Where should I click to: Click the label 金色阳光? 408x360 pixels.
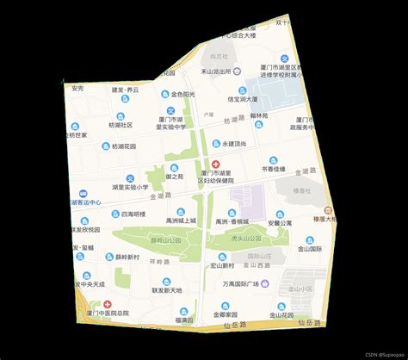[182, 94]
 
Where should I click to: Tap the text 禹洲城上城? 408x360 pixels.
[182, 220]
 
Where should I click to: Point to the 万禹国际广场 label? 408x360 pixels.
[240, 283]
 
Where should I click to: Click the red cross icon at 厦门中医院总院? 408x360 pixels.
[108, 304]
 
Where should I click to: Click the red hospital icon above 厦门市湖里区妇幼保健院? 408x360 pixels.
[214, 163]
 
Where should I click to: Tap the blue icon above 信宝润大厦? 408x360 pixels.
[243, 90]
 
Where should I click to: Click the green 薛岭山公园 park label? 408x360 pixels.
[165, 239]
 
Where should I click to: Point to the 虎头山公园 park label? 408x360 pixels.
[233, 237]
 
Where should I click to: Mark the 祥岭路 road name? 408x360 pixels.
[159, 261]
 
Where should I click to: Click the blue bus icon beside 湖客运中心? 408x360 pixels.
[82, 194]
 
